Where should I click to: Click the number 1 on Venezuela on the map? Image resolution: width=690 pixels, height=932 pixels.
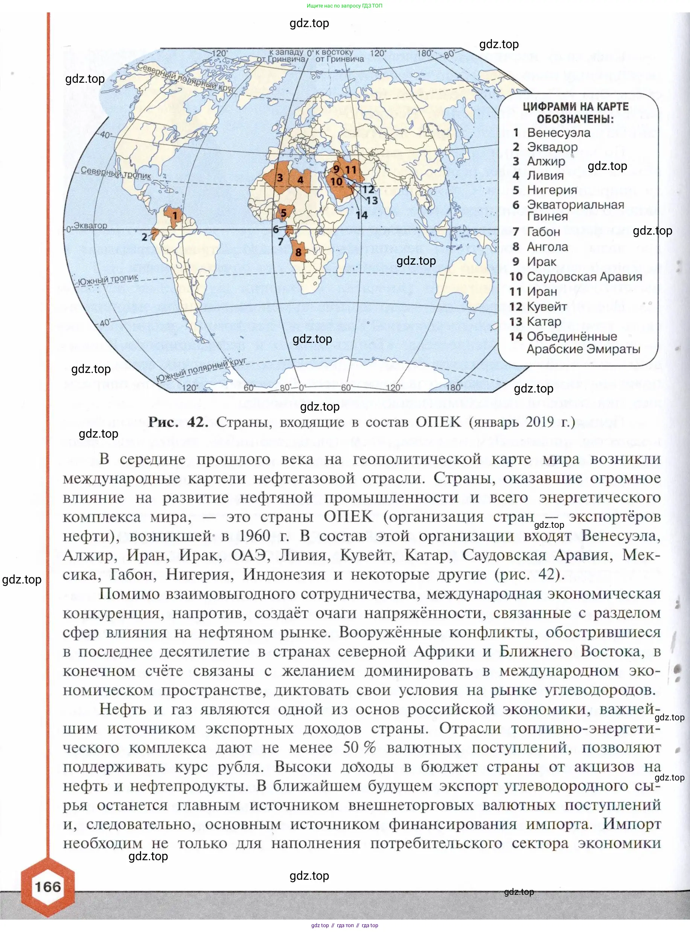click(175, 216)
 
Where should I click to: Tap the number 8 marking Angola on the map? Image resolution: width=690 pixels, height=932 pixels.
click(298, 252)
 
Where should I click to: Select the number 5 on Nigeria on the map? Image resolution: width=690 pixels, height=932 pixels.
click(283, 213)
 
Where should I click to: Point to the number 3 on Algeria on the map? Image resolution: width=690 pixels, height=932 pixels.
click(280, 178)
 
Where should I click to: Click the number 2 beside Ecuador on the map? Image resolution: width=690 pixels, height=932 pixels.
click(145, 237)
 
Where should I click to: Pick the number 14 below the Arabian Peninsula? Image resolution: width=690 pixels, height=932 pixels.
click(361, 215)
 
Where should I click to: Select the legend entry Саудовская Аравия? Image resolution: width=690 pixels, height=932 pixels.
click(584, 277)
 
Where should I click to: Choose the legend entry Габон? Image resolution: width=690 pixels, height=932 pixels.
click(543, 232)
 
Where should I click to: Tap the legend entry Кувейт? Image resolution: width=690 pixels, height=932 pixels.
click(547, 307)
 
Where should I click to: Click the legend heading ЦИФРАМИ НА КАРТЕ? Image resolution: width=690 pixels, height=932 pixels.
click(576, 107)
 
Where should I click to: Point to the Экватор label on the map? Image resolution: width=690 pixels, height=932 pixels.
click(90, 226)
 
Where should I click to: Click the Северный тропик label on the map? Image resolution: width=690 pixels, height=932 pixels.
click(115, 173)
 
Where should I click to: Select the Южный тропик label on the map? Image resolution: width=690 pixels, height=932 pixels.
click(108, 279)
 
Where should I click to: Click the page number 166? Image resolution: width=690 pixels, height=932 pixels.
click(47, 887)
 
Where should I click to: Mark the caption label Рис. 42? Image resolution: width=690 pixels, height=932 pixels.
click(178, 422)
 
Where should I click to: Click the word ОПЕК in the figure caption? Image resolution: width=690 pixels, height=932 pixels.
click(438, 422)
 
